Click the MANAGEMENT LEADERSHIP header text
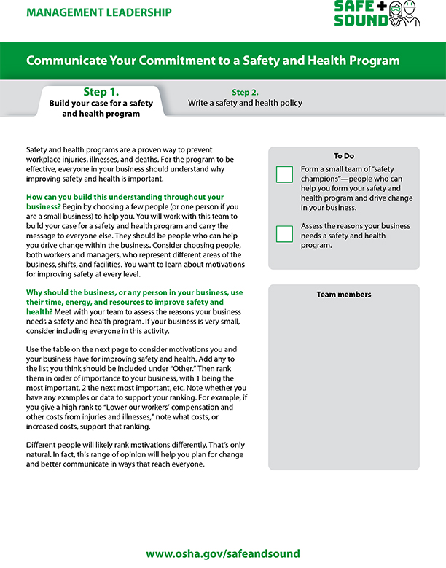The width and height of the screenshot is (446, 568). tap(100, 12)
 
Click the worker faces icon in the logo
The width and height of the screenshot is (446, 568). tap(405, 14)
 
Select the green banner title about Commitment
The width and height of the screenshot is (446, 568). tap(213, 61)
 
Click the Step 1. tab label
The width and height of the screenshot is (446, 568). tap(101, 92)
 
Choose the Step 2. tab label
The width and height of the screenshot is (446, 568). tap(245, 93)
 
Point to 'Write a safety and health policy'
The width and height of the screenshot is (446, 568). tap(245, 104)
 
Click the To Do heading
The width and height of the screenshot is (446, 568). tap(344, 156)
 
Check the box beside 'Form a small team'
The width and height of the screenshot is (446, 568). tap(284, 174)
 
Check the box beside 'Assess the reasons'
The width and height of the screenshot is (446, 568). tap(284, 233)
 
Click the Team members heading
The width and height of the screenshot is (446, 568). tap(344, 295)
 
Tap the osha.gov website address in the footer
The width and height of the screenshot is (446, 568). tap(222, 553)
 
